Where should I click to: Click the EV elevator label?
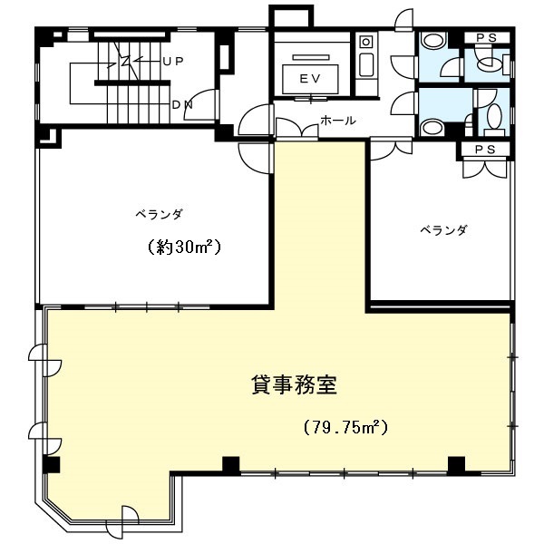point(310,79)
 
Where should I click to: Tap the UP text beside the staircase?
point(173,62)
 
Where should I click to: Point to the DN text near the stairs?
point(182,104)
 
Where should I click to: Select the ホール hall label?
point(338,121)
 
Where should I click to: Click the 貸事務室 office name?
point(294,384)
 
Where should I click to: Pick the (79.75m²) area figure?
point(345,427)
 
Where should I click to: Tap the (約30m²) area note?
point(185,247)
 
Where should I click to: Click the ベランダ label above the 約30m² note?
point(159,214)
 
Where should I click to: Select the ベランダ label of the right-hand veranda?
point(444,229)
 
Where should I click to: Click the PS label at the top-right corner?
point(486,38)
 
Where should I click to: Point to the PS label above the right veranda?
point(485,150)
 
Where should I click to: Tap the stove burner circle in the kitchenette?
point(365,43)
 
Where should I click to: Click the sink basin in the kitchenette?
point(366,65)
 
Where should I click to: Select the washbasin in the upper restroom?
point(432,41)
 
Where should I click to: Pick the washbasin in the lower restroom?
point(432,127)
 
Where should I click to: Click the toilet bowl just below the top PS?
point(490,63)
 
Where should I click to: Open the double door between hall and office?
point(296,129)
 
